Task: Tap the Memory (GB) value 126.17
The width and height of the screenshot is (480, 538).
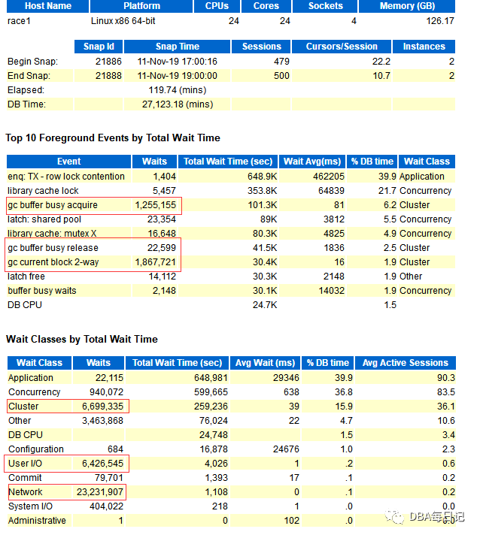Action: (x=439, y=21)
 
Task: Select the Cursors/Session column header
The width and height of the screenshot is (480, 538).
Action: (x=342, y=47)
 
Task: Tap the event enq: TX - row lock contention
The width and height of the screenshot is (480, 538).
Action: (x=66, y=177)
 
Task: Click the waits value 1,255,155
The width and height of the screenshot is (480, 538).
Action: (x=155, y=205)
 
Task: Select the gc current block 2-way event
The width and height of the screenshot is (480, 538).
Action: (x=53, y=262)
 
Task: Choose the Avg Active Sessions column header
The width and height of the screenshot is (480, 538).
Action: (x=405, y=363)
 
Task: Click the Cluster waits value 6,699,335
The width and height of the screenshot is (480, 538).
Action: (x=102, y=407)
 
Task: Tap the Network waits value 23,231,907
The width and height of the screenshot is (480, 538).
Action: (x=98, y=492)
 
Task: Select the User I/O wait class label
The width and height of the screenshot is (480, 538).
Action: (x=25, y=464)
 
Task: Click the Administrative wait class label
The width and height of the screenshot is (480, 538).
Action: (x=37, y=521)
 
